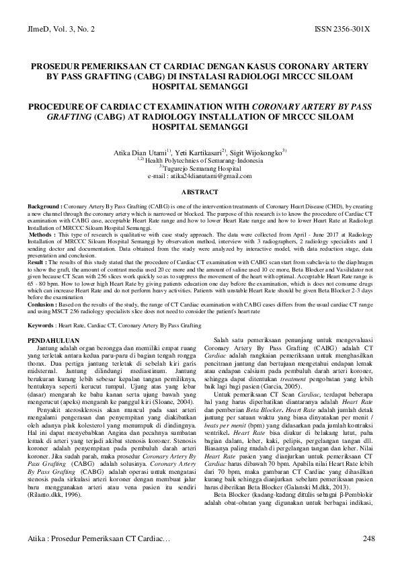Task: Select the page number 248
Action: coord(368,538)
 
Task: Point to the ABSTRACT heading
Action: coord(200,192)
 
